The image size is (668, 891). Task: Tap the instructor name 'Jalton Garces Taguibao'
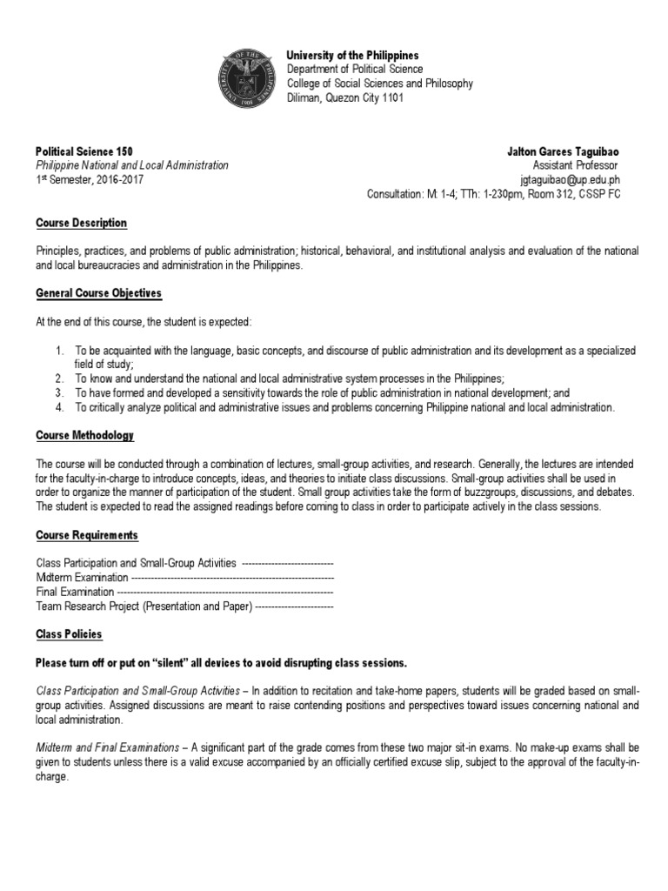(564, 151)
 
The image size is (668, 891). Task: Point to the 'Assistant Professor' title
(576, 165)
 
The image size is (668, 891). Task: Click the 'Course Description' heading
(81, 224)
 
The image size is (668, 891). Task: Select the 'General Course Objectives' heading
(98, 293)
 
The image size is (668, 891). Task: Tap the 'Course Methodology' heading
(84, 435)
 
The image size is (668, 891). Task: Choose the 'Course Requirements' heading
(86, 534)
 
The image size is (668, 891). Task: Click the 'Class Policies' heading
(69, 634)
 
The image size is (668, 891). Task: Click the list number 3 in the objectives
(58, 393)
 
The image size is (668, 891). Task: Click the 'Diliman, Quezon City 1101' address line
(345, 98)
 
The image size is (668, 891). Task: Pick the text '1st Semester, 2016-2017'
(90, 180)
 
